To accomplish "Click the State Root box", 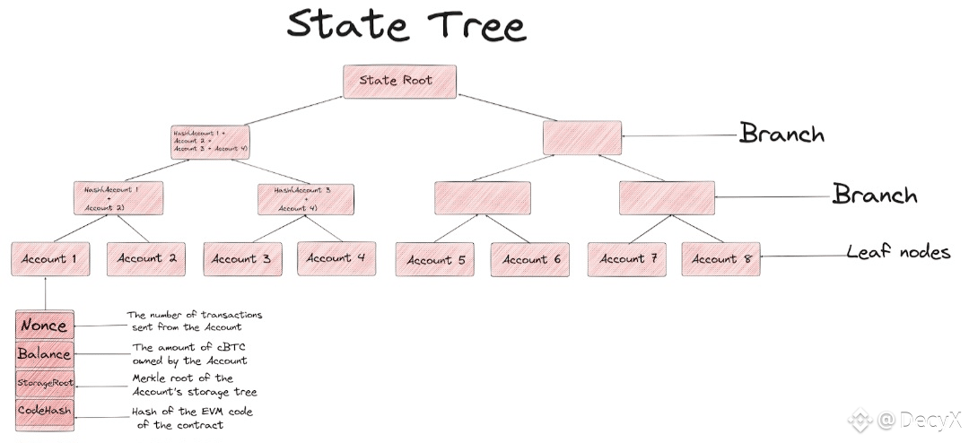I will (x=400, y=81).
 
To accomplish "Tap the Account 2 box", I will (x=146, y=259).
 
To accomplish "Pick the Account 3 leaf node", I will (x=241, y=259).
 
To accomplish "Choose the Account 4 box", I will (x=336, y=258).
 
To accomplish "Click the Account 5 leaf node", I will (x=435, y=260).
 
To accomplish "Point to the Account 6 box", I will (x=531, y=260).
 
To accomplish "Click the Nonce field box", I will (x=43, y=325).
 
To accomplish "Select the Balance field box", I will (x=43, y=353).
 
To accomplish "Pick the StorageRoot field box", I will (x=43, y=383).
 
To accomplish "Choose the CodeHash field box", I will (x=43, y=412).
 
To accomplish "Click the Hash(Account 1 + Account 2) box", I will (x=118, y=198).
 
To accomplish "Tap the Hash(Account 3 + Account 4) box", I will (x=305, y=199).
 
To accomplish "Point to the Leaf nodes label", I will (x=897, y=252).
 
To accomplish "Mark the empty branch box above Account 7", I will (x=667, y=198).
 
